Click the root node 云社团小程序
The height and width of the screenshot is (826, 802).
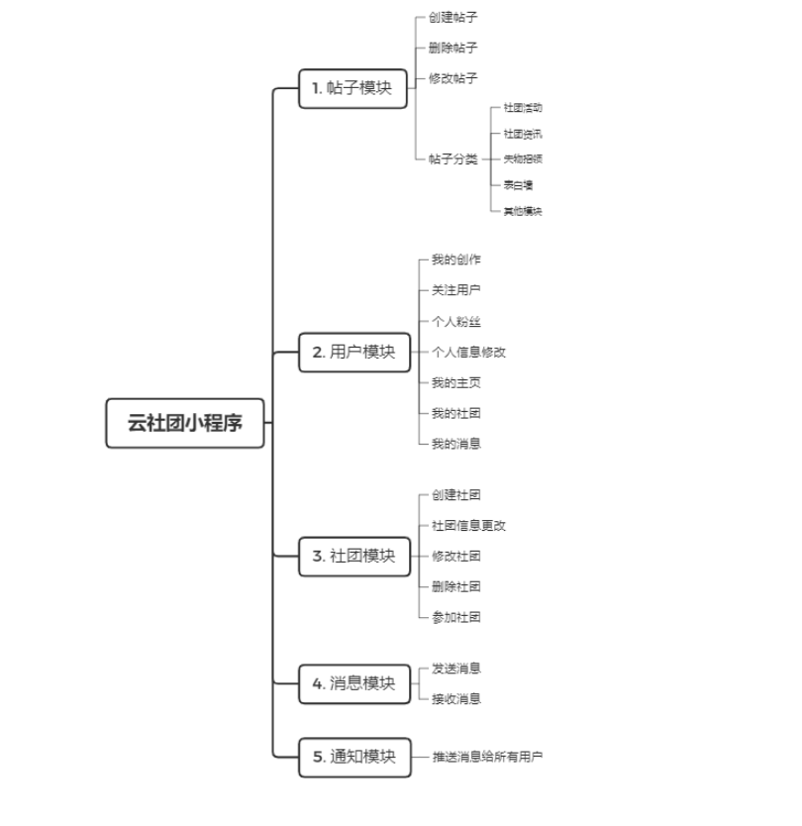[185, 423]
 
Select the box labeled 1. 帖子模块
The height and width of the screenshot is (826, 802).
[352, 88]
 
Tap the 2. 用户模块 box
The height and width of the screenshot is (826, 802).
[353, 352]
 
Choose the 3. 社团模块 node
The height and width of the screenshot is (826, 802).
[353, 556]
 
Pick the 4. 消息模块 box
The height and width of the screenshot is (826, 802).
[353, 683]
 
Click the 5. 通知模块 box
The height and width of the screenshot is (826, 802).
[353, 757]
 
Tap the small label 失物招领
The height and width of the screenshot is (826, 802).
[522, 158]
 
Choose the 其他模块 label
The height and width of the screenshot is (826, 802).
[522, 211]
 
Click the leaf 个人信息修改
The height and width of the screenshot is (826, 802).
[468, 352]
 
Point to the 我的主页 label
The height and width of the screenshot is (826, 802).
[455, 382]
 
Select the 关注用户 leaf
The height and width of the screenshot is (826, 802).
[455, 290]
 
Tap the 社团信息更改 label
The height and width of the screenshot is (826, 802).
[468, 525]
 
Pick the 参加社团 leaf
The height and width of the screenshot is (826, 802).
[455, 617]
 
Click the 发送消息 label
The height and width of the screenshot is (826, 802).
[455, 669]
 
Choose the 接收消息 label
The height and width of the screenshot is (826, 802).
[455, 698]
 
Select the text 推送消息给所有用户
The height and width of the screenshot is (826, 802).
[487, 757]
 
